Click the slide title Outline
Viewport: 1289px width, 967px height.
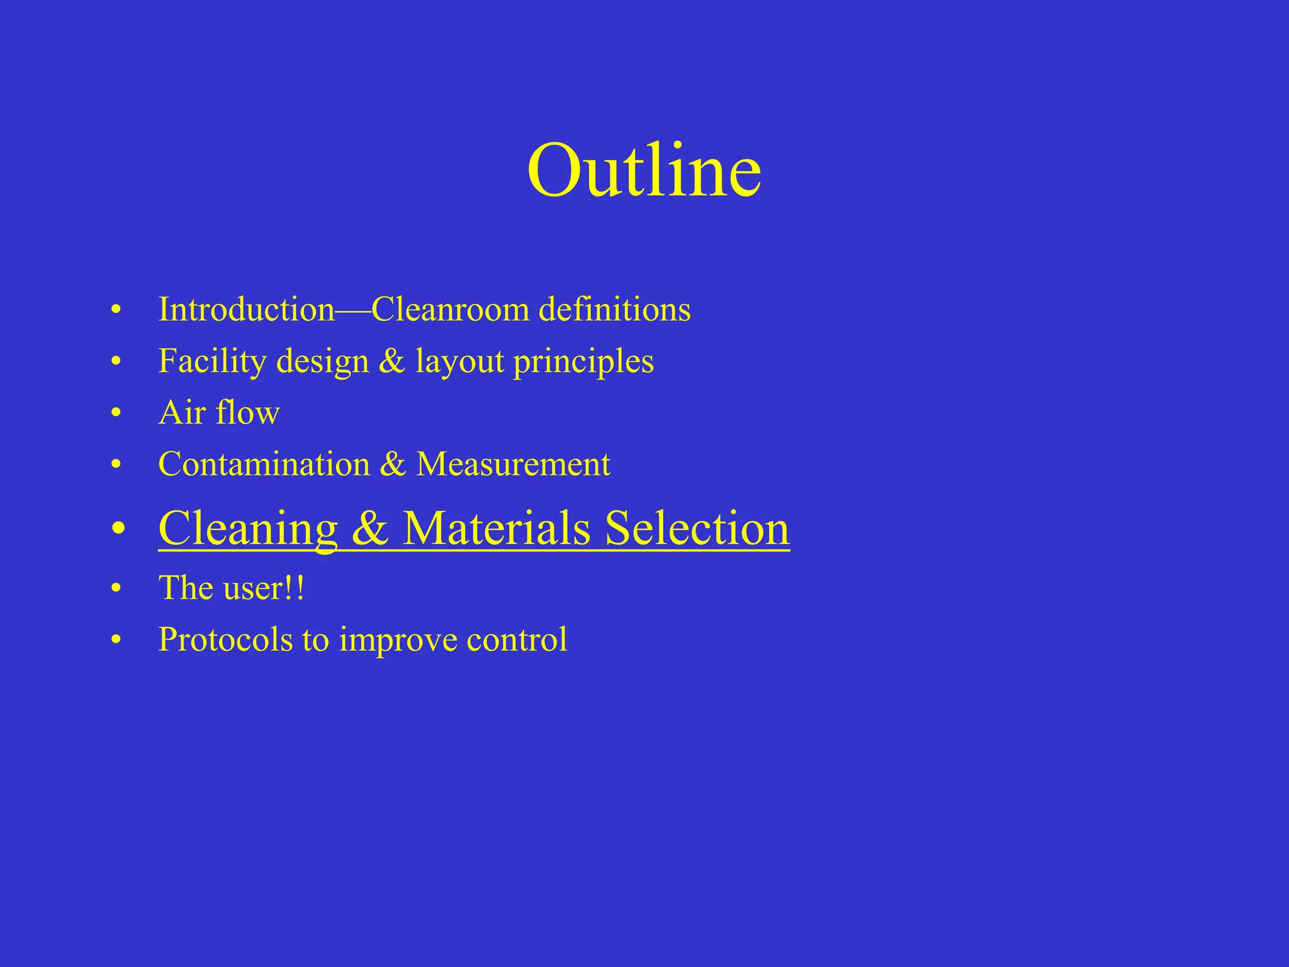[x=644, y=170]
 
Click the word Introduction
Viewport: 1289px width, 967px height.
[x=246, y=309]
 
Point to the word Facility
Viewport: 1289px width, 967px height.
[x=213, y=361]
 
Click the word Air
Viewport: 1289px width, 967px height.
[x=183, y=413]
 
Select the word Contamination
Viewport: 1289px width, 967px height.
[x=264, y=465]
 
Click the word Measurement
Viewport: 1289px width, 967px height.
[x=513, y=465]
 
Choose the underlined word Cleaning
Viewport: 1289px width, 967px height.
[x=248, y=528]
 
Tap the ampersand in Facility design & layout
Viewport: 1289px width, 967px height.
[x=391, y=361]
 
